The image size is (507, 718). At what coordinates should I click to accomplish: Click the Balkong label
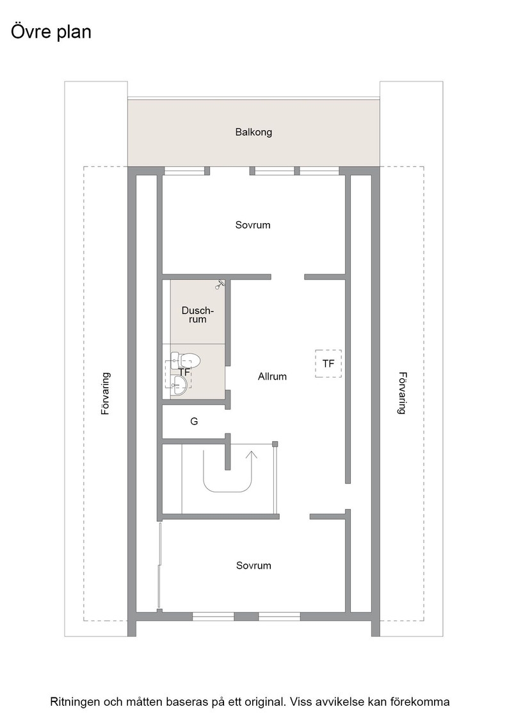point(253,132)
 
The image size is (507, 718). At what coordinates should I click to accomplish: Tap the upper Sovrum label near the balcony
point(253,225)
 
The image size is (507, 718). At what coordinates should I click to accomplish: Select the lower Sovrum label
point(253,565)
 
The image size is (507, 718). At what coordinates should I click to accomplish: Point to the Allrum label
point(273,376)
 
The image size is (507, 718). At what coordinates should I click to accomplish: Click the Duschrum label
point(198,315)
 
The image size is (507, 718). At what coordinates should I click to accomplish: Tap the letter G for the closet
point(195,421)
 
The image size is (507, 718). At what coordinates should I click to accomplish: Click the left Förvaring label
point(106,394)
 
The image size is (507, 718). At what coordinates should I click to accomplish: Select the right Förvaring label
point(402,393)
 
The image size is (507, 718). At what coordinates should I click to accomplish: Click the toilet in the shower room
point(185,360)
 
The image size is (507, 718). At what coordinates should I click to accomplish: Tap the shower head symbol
point(220,285)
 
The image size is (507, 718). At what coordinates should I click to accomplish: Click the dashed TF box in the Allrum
point(328,363)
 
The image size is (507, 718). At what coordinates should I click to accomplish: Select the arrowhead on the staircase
point(252,455)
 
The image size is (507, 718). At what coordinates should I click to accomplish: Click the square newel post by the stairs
point(275,444)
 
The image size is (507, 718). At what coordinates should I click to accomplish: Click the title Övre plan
point(51,32)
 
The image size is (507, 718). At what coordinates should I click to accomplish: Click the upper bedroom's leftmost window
point(184,171)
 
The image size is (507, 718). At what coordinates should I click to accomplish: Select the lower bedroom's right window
point(279,617)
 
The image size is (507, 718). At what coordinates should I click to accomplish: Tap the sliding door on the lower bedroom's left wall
point(160,566)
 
